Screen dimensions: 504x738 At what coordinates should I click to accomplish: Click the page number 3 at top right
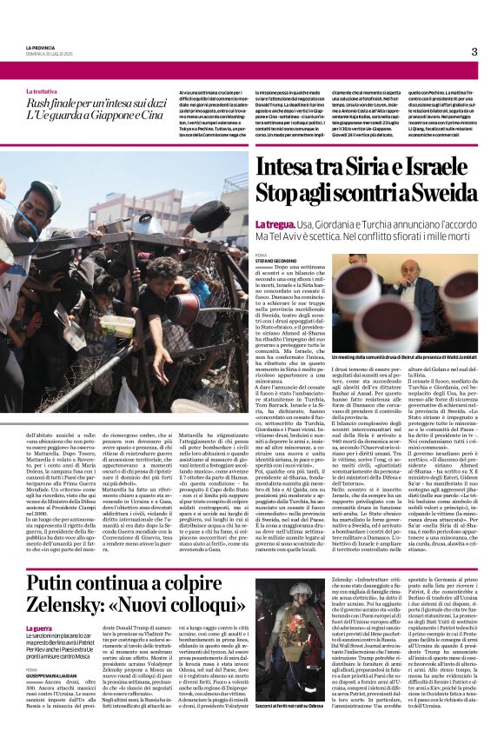point(474,51)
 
